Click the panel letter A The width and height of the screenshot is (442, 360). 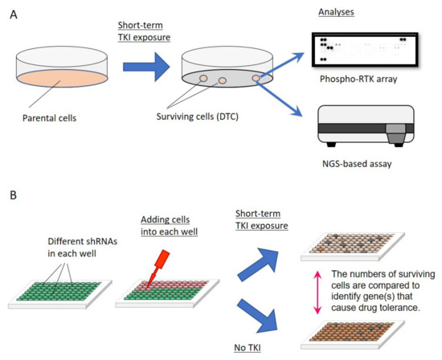pyautogui.click(x=11, y=14)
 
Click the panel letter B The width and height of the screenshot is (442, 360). pyautogui.click(x=11, y=195)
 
